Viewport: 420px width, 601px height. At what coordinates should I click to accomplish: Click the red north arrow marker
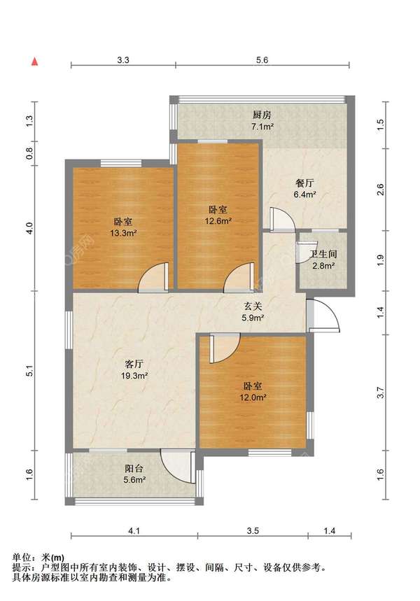(35, 62)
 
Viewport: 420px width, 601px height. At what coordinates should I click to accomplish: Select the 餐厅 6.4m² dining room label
(304, 188)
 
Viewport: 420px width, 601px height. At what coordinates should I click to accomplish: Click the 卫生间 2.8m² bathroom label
(323, 259)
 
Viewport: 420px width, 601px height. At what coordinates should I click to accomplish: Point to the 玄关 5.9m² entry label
(253, 311)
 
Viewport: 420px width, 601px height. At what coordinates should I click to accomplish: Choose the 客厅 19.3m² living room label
(134, 369)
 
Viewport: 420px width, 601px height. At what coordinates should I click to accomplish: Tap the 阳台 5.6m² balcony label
(134, 474)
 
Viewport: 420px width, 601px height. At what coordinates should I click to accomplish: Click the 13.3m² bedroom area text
(123, 233)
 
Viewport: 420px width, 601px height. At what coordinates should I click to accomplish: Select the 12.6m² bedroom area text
(218, 221)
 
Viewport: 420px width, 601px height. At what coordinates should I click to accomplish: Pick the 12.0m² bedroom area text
(253, 397)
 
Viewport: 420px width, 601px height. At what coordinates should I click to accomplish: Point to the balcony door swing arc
(176, 467)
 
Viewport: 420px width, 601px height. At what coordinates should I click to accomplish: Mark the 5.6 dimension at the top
(262, 59)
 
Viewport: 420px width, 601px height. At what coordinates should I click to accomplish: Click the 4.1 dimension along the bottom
(134, 530)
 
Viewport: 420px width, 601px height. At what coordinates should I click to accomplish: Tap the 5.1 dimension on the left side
(30, 371)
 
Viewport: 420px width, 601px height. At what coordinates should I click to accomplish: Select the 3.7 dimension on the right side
(380, 393)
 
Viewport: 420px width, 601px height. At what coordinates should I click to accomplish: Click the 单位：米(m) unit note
(38, 558)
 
